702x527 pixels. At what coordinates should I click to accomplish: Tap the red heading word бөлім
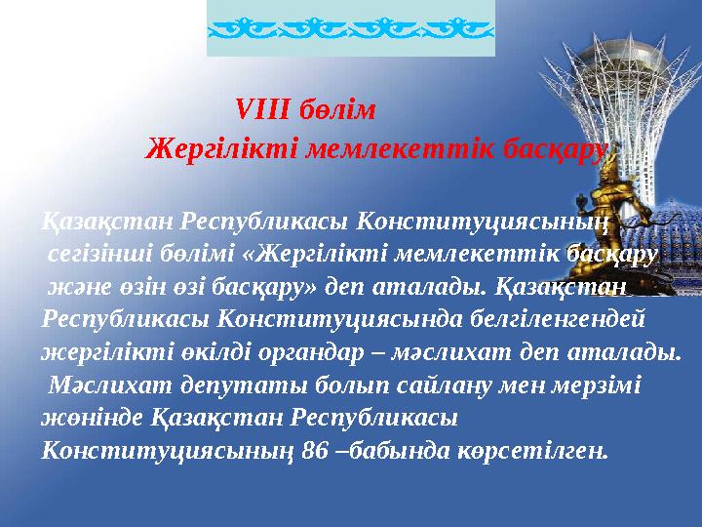pos(337,107)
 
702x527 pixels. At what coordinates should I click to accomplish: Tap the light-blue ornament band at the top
pos(351,29)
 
